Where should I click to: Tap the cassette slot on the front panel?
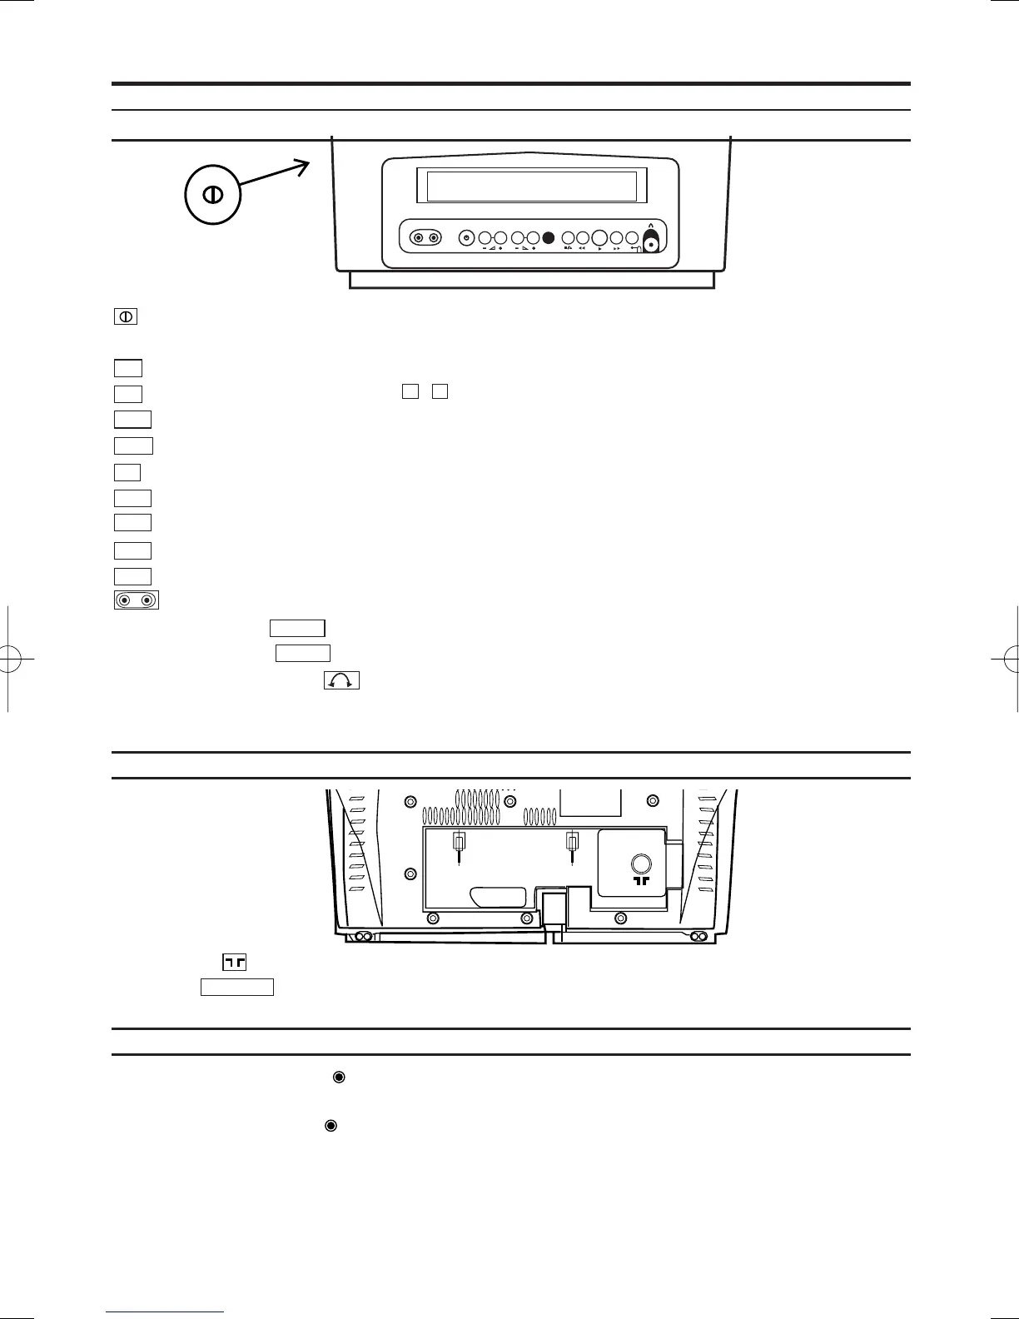click(x=531, y=187)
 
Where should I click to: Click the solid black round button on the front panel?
click(x=548, y=238)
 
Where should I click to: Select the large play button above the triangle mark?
click(x=599, y=237)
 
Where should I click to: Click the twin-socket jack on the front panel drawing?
click(x=425, y=238)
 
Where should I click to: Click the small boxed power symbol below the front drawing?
click(x=125, y=316)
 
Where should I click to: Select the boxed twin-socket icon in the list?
click(x=137, y=600)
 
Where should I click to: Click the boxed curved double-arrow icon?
click(x=341, y=680)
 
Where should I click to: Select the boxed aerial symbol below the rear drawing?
click(x=235, y=963)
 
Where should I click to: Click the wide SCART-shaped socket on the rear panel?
click(x=498, y=898)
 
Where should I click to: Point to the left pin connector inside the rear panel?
click(x=459, y=844)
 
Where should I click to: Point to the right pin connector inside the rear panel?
click(x=572, y=844)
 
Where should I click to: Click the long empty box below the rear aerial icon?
click(x=237, y=987)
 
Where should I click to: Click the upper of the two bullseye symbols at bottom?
click(x=339, y=1077)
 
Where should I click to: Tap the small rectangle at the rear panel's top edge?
click(x=590, y=803)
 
